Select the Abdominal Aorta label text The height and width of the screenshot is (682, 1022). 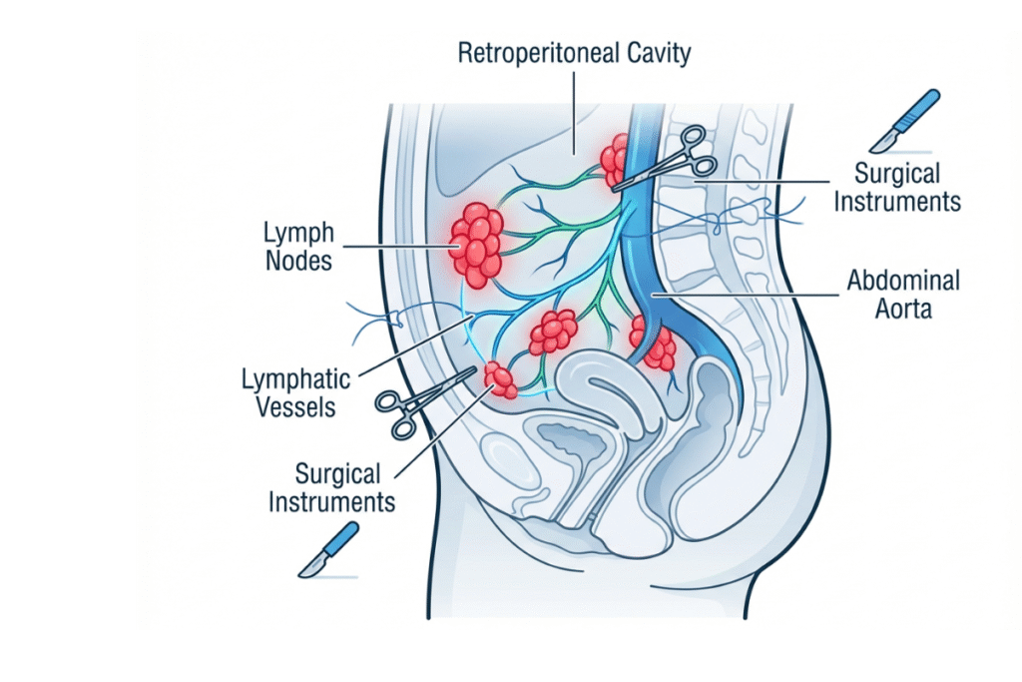(903, 295)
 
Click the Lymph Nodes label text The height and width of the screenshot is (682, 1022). (298, 248)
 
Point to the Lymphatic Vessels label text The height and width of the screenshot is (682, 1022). (295, 393)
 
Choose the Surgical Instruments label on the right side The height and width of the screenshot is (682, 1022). (897, 187)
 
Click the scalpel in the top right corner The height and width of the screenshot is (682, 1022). (904, 121)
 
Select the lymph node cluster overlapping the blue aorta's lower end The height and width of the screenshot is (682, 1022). (654, 342)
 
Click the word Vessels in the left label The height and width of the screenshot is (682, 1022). (296, 407)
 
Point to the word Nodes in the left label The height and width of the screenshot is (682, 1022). (298, 262)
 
